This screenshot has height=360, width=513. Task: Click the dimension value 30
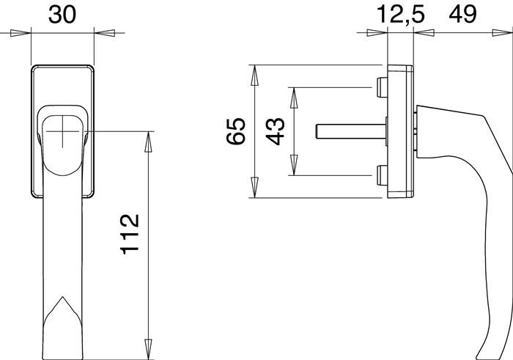click(x=62, y=15)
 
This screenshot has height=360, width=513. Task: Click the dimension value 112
click(x=130, y=235)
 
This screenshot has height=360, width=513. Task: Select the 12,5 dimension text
click(x=401, y=15)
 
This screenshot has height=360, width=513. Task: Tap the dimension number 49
click(x=462, y=15)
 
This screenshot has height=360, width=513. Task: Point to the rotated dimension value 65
click(x=235, y=131)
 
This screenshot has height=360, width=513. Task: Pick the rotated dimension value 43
click(x=275, y=131)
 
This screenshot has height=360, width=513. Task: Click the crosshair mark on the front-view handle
click(x=62, y=131)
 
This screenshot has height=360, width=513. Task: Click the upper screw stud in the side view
click(x=382, y=87)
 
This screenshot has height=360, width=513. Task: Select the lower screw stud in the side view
click(x=382, y=175)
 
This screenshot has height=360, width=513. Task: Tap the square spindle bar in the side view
click(x=351, y=131)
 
